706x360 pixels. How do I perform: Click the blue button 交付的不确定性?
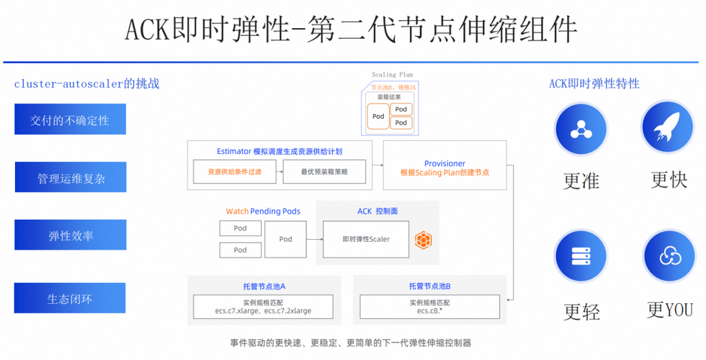point(70,120)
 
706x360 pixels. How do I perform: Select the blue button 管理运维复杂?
point(71,177)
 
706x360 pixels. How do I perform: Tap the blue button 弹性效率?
point(71,235)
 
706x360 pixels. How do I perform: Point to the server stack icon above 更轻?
point(580,256)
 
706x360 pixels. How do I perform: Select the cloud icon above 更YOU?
point(668,256)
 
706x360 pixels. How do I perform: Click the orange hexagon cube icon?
point(423,240)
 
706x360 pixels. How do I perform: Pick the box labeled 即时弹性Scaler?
point(366,239)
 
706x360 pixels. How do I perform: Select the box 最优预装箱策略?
point(324,172)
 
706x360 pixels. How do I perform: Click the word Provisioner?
point(444,163)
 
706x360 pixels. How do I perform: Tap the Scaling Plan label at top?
point(392,75)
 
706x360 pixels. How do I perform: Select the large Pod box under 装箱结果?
point(378,116)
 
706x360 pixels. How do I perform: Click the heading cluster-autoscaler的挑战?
point(86,84)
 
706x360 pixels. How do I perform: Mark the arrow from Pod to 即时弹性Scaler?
point(314,239)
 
